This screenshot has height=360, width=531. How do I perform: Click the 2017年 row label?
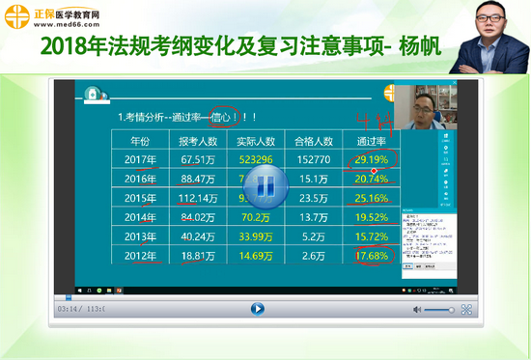coord(141,159)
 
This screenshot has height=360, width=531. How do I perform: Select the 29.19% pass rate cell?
coord(371,159)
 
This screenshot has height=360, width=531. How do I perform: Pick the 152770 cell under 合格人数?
coord(313,159)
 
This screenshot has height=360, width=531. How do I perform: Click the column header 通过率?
coord(371,141)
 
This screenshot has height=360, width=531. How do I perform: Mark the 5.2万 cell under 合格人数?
coord(313,236)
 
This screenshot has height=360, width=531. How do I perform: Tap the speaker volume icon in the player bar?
coord(418,310)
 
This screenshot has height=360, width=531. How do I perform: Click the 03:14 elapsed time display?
coord(69,310)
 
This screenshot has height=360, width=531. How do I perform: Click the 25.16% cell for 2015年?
coord(371,198)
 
